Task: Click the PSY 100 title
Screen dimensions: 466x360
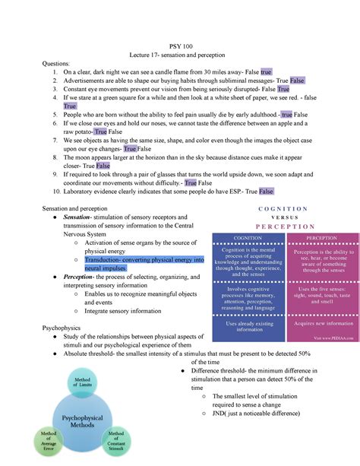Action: click(180, 46)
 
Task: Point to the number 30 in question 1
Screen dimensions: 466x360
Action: click(211, 71)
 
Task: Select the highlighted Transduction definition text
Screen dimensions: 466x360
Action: click(144, 264)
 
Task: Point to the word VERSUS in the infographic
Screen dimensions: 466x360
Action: click(283, 217)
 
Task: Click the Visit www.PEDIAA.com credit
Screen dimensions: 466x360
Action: click(332, 338)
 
